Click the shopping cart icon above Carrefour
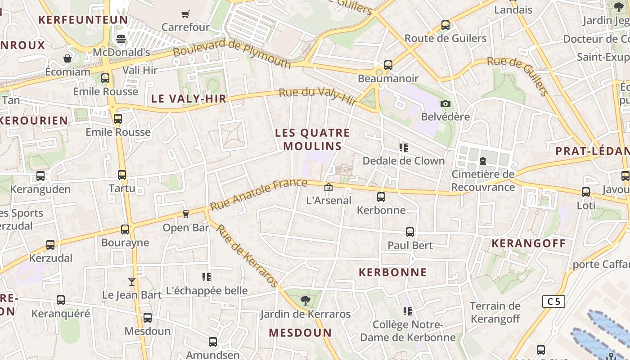(185, 14)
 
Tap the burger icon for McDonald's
(121, 39)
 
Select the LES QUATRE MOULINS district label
(312, 139)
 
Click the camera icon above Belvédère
(445, 104)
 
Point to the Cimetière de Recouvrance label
(483, 180)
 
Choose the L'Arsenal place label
(328, 200)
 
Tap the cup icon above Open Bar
(185, 214)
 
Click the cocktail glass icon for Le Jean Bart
(131, 282)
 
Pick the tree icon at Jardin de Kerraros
(305, 300)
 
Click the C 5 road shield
(553, 301)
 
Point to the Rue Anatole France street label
(259, 194)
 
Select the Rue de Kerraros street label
(247, 255)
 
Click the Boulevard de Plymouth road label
(232, 54)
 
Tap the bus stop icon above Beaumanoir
(388, 65)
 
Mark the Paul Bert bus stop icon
(410, 232)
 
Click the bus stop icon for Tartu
(122, 175)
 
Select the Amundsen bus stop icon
(213, 342)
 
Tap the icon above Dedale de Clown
(404, 147)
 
